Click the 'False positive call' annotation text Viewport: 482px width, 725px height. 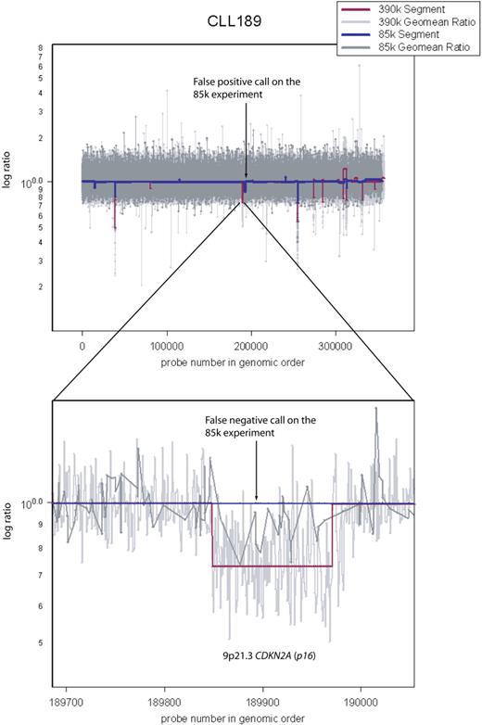click(x=246, y=85)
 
